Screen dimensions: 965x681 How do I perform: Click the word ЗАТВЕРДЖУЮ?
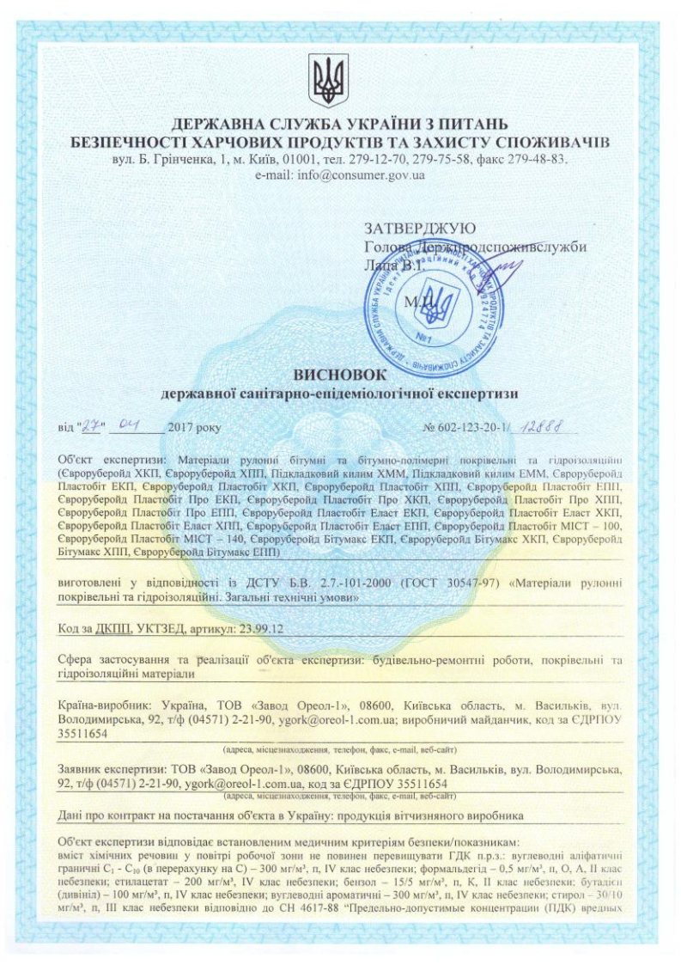point(419,229)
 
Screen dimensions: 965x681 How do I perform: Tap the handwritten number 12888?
point(551,424)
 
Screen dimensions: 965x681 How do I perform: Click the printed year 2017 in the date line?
point(184,426)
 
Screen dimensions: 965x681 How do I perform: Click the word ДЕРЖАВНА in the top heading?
point(216,121)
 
